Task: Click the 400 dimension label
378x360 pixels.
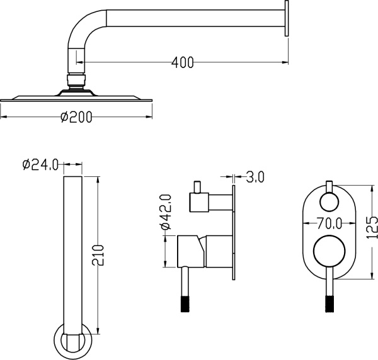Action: point(183,62)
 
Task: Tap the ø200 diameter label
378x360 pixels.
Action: point(76,117)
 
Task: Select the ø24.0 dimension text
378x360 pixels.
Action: point(40,165)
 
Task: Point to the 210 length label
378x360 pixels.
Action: point(98,256)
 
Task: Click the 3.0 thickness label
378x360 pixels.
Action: point(255,177)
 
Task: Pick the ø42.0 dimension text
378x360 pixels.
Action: point(166,212)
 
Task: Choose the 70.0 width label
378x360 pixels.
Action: point(329,223)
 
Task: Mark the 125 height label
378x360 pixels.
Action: point(372,228)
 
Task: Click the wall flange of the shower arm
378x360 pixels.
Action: point(287,18)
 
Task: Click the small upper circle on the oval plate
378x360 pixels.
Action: point(329,202)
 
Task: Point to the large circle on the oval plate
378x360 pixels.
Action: point(329,251)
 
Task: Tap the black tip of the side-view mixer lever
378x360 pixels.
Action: point(185,304)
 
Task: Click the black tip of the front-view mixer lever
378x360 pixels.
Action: point(329,304)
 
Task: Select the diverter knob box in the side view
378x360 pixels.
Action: point(199,203)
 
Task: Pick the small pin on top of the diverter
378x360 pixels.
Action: point(198,187)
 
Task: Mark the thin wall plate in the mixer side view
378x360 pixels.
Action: point(234,232)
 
